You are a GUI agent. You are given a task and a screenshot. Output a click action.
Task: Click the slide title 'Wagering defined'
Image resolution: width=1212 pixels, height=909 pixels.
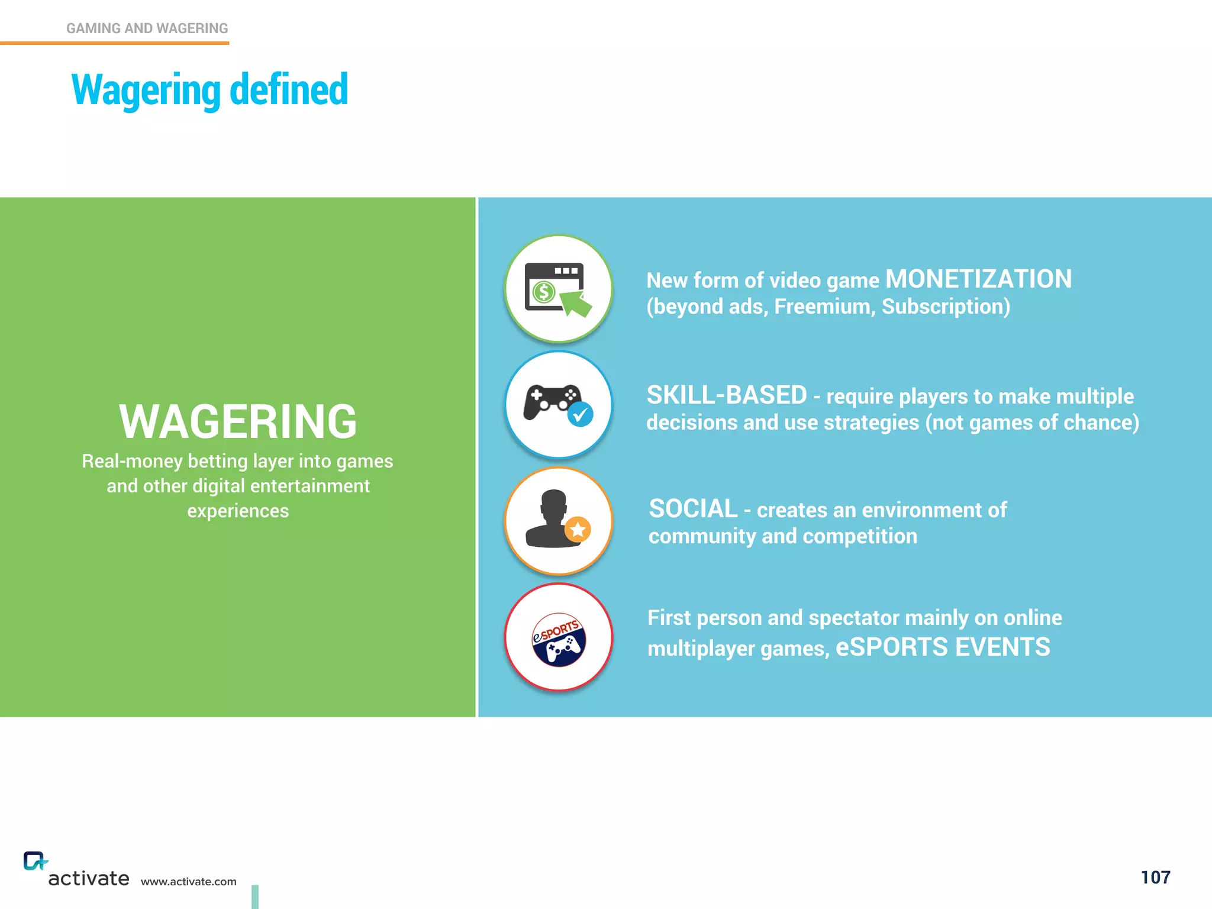[209, 90]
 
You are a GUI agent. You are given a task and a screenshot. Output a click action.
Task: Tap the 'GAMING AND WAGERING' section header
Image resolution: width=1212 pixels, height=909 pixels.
[147, 28]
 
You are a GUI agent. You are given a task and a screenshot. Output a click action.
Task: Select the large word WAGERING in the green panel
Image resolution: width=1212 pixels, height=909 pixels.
[238, 422]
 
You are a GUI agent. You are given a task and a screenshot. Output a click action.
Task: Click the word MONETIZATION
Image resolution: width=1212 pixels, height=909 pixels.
[978, 279]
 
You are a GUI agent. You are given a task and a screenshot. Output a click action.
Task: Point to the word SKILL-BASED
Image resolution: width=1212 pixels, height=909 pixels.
[727, 395]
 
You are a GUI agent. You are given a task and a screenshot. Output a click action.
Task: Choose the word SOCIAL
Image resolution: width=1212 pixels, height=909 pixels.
[693, 509]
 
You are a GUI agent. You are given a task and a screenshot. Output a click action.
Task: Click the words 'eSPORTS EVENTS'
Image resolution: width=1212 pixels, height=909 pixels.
[943, 647]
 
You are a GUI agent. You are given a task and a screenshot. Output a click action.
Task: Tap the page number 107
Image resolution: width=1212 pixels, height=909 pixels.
[1155, 877]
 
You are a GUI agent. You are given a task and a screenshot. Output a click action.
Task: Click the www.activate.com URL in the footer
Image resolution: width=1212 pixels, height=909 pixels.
[188, 882]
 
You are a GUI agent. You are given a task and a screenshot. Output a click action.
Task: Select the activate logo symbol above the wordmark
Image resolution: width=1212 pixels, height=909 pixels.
[34, 861]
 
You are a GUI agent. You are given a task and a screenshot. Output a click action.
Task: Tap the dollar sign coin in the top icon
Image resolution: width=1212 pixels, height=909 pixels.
[543, 292]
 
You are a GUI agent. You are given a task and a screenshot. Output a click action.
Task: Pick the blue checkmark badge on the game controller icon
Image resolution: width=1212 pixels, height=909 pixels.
[580, 414]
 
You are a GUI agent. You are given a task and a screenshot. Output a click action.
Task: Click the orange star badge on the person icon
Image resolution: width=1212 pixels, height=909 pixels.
[578, 529]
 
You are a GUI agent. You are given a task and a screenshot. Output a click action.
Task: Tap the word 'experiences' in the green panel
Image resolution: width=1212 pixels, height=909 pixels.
[238, 511]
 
